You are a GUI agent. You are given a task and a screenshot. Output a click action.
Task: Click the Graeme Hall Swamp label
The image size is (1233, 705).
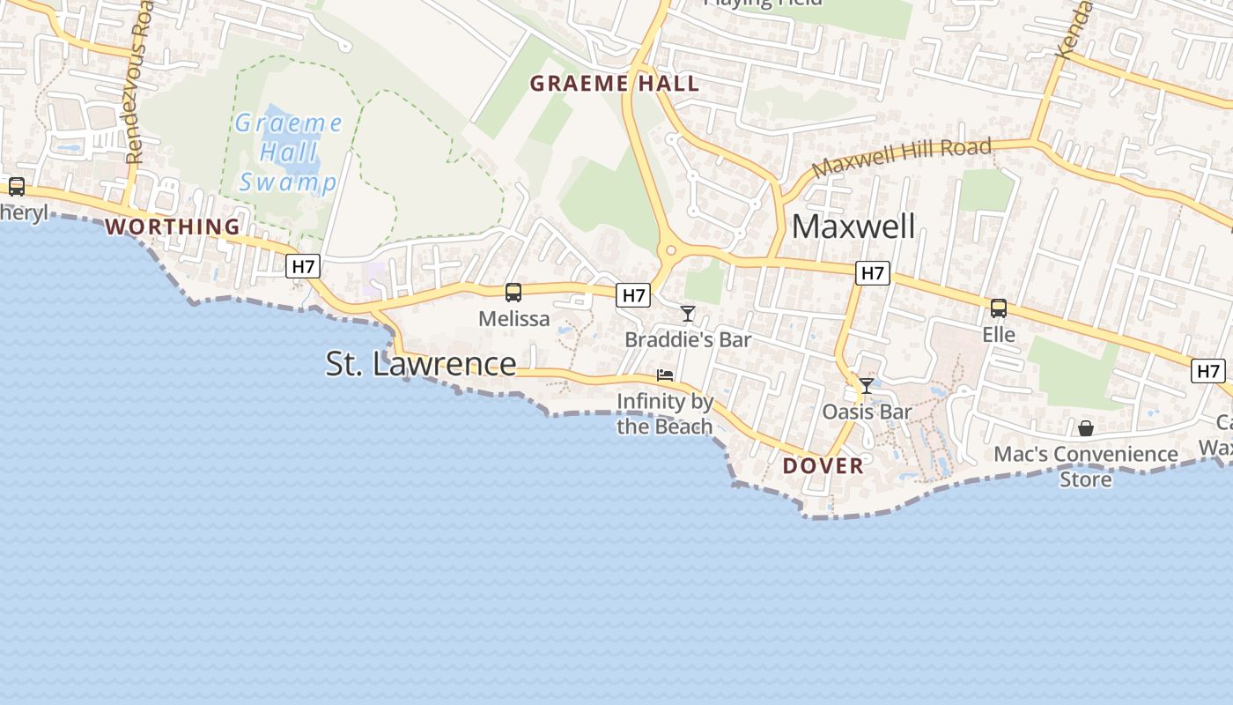(x=287, y=152)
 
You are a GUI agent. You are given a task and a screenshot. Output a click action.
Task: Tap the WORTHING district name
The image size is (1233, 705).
(x=173, y=226)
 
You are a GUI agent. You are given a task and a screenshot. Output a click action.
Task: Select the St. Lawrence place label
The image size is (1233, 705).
(x=421, y=363)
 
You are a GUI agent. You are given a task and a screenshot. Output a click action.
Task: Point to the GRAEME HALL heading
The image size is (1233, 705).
(x=615, y=84)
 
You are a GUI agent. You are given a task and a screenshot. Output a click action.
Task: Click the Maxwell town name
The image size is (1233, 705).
(x=853, y=226)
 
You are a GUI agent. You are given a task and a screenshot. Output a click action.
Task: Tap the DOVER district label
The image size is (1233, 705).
(x=823, y=466)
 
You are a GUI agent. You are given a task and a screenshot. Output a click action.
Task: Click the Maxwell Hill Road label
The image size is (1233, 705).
(x=902, y=157)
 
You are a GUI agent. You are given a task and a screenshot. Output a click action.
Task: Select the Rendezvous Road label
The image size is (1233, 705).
(x=137, y=88)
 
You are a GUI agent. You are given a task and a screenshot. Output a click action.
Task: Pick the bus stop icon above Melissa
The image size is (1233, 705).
(x=513, y=293)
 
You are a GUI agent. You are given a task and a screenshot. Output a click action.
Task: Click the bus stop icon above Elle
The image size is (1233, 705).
(x=999, y=308)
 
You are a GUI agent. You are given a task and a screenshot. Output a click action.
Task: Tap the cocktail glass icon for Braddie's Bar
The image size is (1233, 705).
(x=688, y=314)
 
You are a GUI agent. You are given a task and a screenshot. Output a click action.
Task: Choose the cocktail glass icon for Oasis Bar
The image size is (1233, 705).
(x=867, y=386)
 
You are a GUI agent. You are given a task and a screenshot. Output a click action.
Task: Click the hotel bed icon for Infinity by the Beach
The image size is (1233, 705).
(x=665, y=376)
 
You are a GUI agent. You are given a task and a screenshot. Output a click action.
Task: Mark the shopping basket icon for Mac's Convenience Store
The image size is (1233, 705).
(x=1086, y=428)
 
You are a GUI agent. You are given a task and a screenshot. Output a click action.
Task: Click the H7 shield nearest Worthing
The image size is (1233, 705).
(x=302, y=266)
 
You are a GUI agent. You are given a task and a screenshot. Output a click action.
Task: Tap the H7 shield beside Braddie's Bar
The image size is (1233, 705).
(x=633, y=295)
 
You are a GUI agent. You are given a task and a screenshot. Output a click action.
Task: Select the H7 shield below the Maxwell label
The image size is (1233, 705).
(x=872, y=273)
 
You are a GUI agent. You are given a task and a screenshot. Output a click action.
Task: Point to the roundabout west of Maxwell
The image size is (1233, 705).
(x=671, y=251)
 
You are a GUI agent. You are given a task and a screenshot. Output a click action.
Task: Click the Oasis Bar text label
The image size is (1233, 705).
(x=867, y=412)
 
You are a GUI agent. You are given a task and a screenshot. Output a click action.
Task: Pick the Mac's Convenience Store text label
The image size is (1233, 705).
(x=1086, y=466)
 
